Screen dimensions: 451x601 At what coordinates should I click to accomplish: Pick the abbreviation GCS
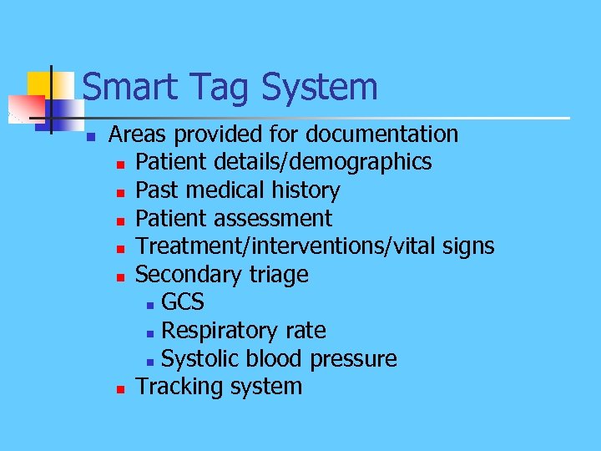pyautogui.click(x=183, y=302)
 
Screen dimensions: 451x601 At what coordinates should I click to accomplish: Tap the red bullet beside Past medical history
pyautogui.click(x=122, y=192)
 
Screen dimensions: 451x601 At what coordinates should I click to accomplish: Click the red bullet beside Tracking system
pyautogui.click(x=122, y=389)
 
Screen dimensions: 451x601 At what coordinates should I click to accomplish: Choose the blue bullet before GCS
pyautogui.click(x=149, y=304)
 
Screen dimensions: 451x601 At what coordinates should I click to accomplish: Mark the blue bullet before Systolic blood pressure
pyautogui.click(x=149, y=361)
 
